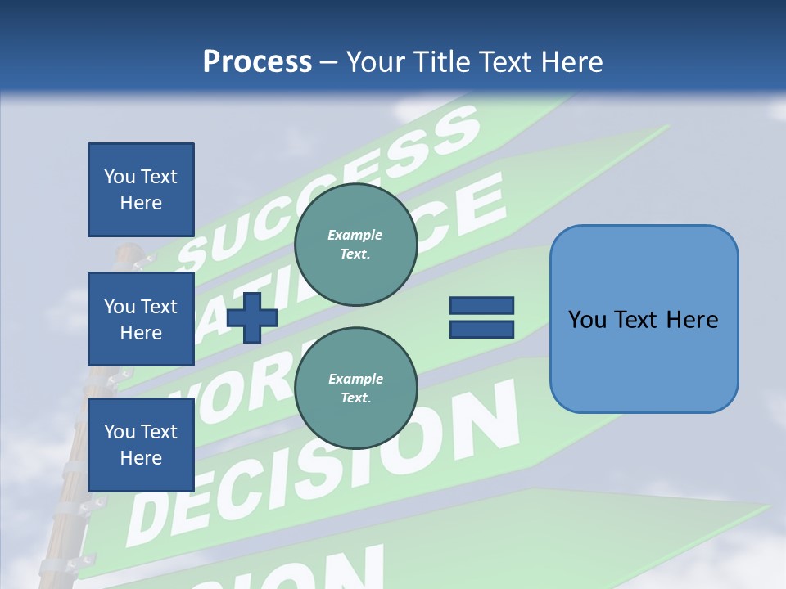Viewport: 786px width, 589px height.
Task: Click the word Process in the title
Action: coord(257,62)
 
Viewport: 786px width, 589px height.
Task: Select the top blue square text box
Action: coord(141,190)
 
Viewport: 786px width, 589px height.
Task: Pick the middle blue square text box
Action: coord(141,319)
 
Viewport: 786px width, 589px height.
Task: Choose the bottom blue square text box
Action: coord(141,444)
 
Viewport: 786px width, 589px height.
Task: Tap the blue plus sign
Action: coord(252,317)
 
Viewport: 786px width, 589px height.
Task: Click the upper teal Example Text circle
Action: coord(355,245)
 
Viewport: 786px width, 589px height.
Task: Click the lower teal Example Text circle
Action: coord(355,389)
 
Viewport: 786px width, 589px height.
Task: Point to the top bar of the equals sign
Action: coord(481,306)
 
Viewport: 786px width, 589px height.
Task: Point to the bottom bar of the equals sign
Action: coord(481,329)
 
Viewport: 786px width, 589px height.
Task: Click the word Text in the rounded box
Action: coord(644,320)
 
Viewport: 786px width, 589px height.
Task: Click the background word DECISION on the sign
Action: coord(327,466)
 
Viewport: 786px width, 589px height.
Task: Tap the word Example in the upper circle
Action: coord(355,235)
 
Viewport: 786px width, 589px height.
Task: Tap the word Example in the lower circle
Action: coord(355,379)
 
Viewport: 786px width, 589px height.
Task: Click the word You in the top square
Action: coord(120,177)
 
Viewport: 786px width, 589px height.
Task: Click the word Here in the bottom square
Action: coord(141,458)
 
